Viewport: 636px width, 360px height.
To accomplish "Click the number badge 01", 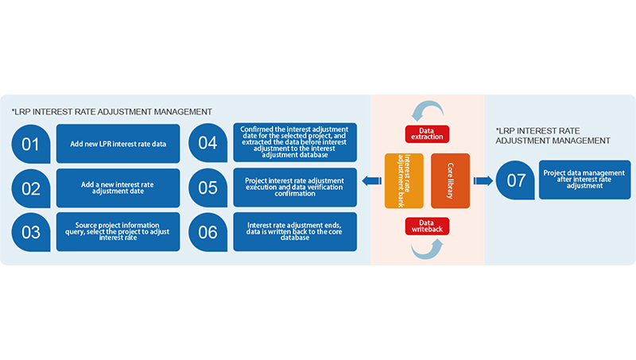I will tap(31, 144).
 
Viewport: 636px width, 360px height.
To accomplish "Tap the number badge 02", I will tap(31, 188).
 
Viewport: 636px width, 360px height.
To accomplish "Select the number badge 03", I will tap(31, 232).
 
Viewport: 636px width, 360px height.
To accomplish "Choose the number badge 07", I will tap(515, 180).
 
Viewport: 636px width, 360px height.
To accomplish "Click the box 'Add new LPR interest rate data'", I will tap(118, 144).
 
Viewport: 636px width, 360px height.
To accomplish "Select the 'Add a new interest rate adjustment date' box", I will tap(118, 188).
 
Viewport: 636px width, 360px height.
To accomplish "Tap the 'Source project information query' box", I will tap(118, 232).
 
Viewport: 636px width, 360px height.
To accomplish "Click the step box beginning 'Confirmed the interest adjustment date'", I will tap(295, 143).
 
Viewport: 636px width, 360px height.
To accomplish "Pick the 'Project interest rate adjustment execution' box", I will tap(295, 188).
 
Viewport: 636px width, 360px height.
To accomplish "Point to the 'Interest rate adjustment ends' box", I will tap(295, 232).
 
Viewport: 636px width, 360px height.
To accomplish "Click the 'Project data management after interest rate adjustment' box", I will tap(585, 180).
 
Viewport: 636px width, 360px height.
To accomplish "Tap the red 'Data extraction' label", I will tap(427, 134).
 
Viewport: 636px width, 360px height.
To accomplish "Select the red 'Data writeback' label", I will tap(427, 227).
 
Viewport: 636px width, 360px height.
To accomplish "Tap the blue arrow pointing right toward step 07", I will tap(483, 181).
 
